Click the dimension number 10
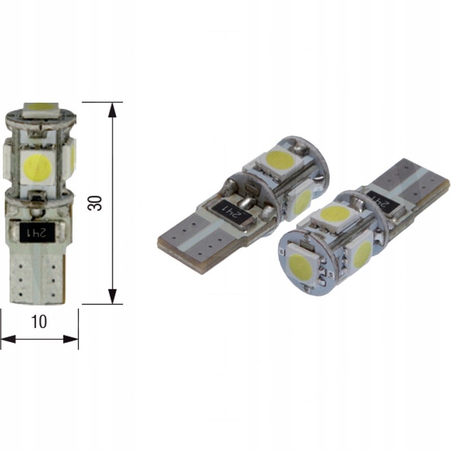click(x=39, y=321)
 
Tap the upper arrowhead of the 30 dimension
click(x=113, y=110)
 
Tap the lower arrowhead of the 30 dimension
click(x=113, y=296)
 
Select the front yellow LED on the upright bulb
click(x=38, y=166)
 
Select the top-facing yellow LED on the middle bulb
click(x=280, y=160)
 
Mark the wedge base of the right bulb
click(x=417, y=178)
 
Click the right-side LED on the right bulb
click(x=361, y=254)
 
